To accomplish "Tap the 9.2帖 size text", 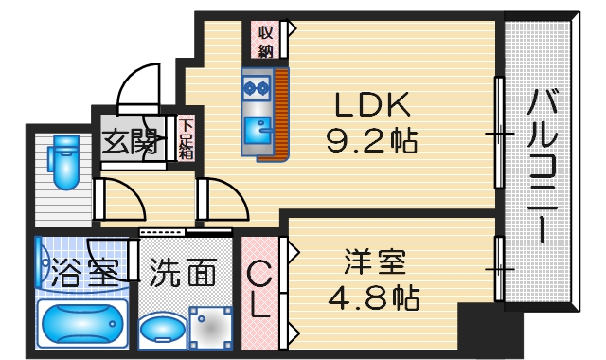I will click(x=371, y=141).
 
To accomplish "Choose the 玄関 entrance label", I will click(x=130, y=143).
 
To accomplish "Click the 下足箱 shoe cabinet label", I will click(x=187, y=137).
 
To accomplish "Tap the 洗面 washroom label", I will click(x=183, y=274).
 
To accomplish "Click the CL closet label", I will click(x=258, y=290).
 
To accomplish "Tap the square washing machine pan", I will click(x=209, y=328).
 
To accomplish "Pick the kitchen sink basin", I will click(x=257, y=126).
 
